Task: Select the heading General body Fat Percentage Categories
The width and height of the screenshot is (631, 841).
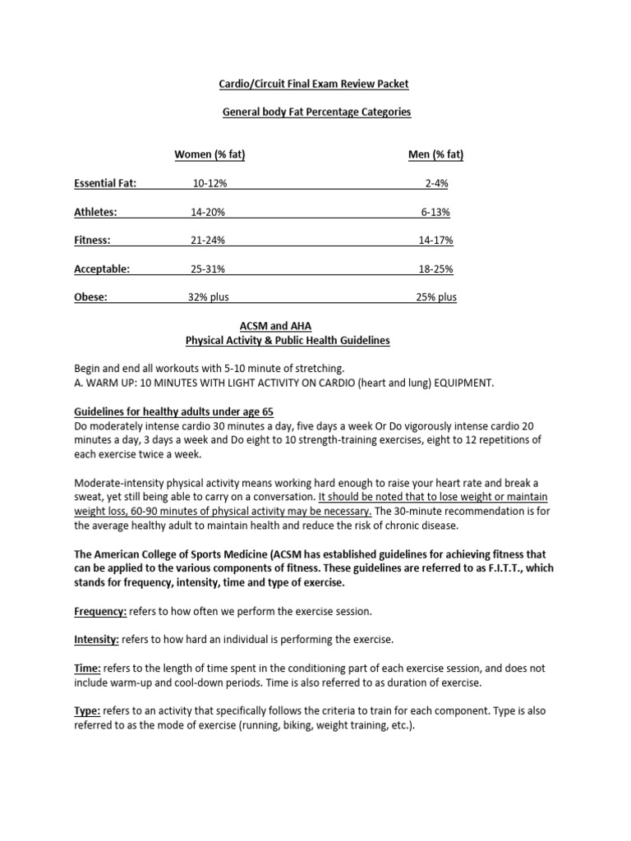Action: (317, 112)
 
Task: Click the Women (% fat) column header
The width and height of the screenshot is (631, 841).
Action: (210, 155)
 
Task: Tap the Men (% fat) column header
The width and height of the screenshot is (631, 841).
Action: (435, 155)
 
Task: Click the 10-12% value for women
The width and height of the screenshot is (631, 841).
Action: (210, 184)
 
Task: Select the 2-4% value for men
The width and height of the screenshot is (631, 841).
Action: (435, 184)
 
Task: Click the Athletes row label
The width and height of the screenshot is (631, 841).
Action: (96, 212)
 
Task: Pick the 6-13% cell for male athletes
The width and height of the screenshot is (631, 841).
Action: (435, 212)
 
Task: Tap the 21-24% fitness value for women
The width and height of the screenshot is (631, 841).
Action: (208, 241)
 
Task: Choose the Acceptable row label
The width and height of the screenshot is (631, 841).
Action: (103, 269)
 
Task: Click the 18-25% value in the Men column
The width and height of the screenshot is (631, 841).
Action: (435, 269)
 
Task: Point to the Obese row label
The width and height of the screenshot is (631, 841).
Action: (90, 297)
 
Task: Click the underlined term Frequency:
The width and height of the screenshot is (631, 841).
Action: (100, 610)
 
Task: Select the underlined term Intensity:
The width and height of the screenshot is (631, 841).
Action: (97, 639)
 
